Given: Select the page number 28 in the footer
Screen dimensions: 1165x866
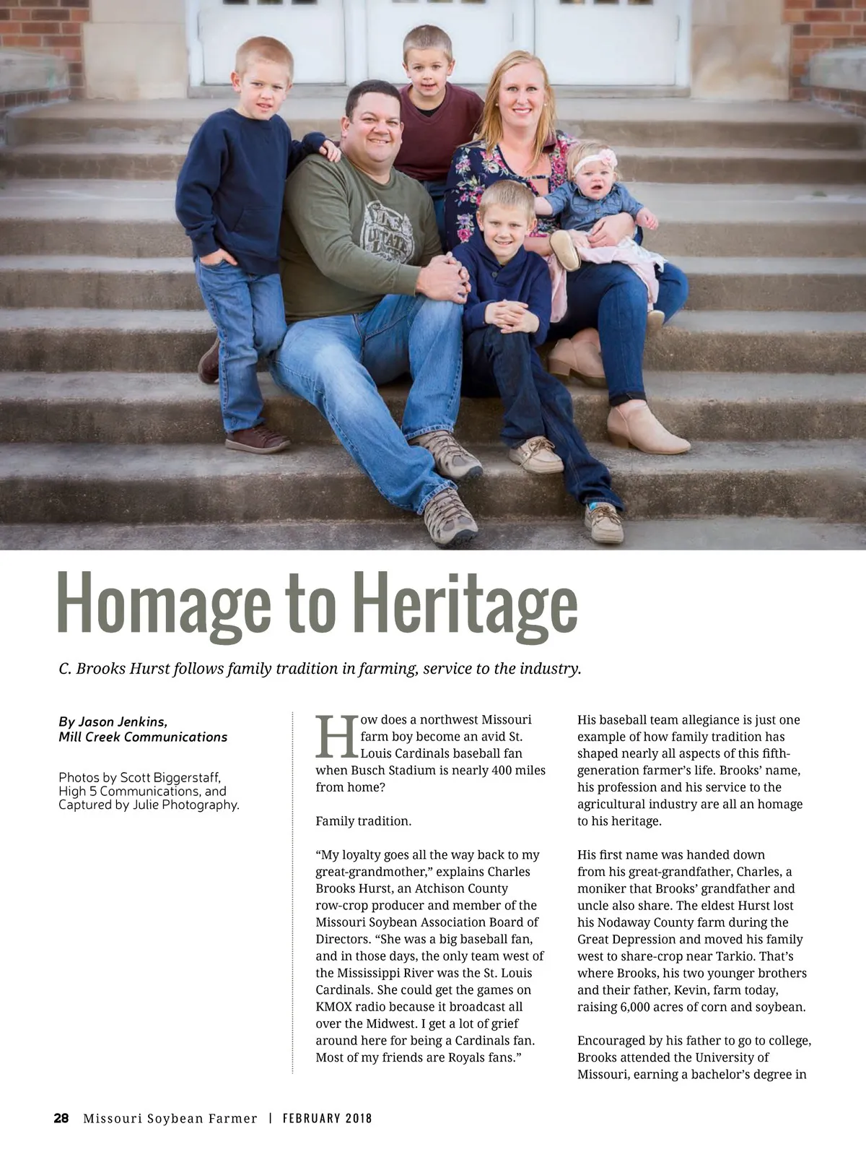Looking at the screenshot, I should (x=61, y=1118).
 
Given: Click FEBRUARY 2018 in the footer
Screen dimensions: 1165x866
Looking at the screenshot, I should (x=327, y=1118).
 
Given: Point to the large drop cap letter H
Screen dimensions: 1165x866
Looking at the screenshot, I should (x=337, y=736).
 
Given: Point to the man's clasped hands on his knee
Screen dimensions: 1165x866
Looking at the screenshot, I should (x=442, y=278).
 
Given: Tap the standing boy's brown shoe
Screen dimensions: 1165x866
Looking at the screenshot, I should (x=256, y=439).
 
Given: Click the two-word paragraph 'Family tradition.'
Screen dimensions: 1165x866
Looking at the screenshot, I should (x=363, y=820).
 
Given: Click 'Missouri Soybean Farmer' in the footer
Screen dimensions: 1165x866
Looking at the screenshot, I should (x=170, y=1118).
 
